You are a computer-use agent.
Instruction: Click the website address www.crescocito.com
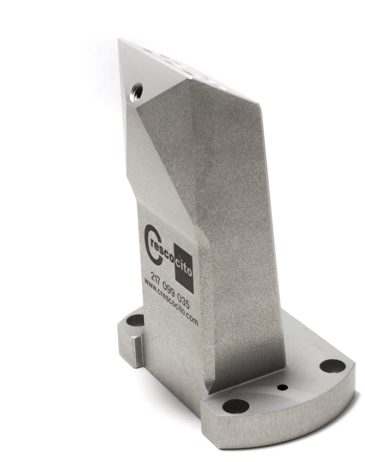click(170, 302)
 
